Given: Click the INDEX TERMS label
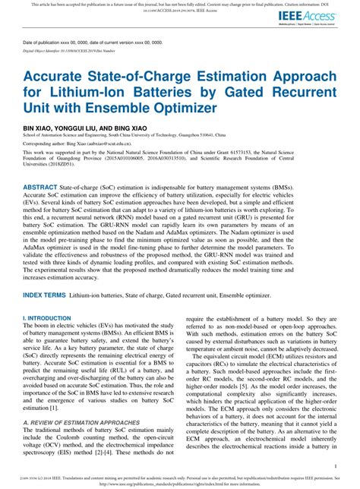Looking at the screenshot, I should click(47, 272).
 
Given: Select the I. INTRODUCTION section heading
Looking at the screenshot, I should click(48, 298).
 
